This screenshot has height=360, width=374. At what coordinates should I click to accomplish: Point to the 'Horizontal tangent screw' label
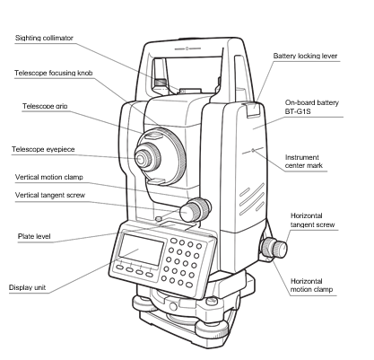[314, 221]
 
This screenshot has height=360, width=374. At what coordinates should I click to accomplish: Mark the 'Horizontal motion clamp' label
[313, 286]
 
